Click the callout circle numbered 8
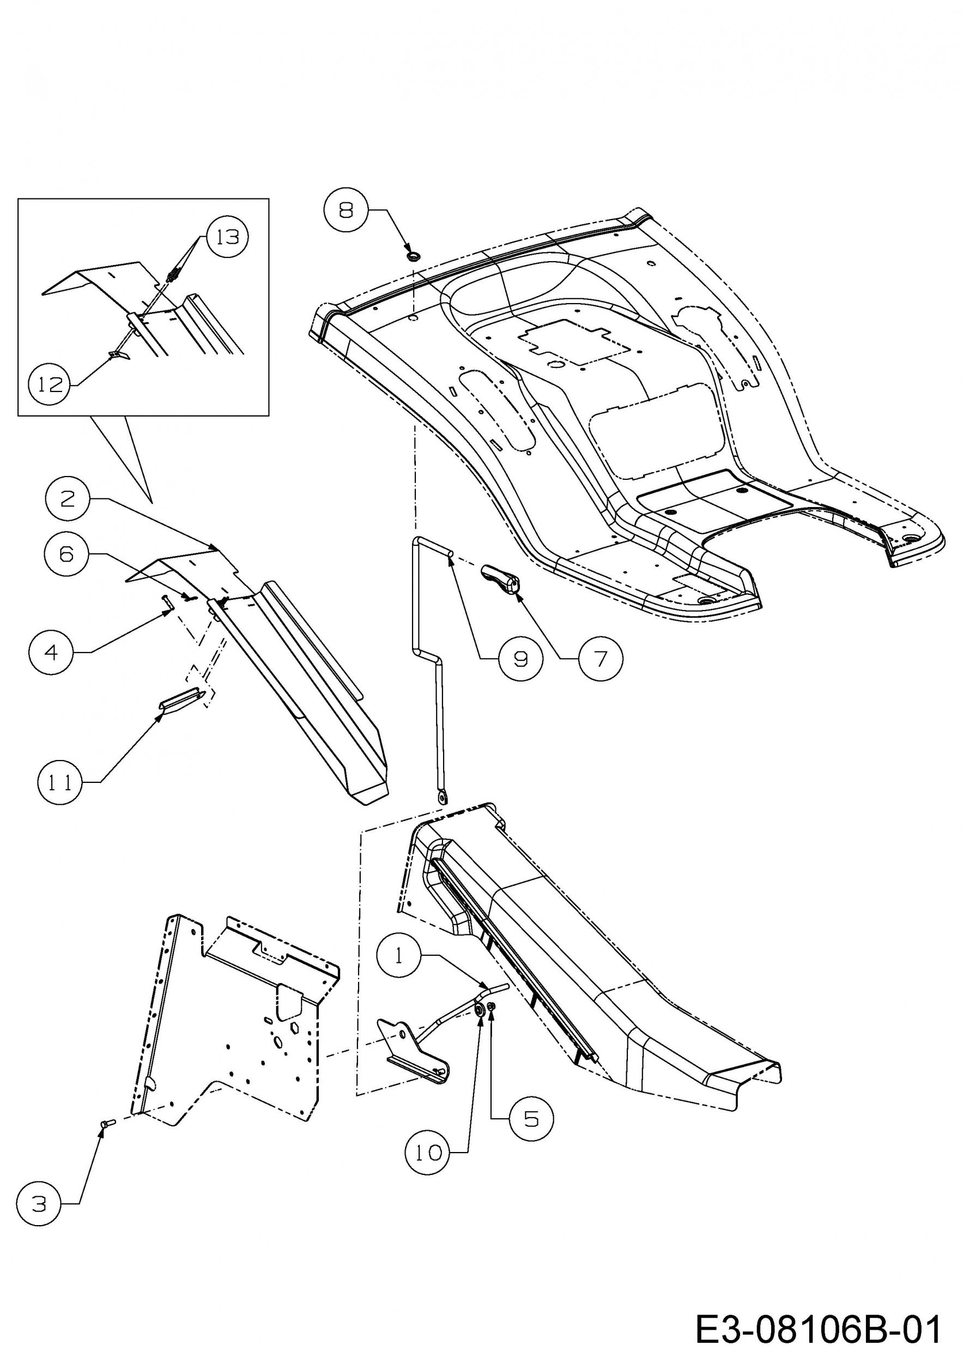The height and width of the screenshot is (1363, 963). pos(346,210)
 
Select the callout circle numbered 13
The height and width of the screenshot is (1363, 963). pos(227,237)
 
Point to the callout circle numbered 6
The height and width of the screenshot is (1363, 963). pos(66,554)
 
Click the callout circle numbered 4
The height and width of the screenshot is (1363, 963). pos(51,653)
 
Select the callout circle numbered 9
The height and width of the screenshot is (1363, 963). pos(520,659)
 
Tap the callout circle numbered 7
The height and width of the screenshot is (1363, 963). pos(601,659)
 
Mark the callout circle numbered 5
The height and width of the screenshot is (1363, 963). pos(531,1119)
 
